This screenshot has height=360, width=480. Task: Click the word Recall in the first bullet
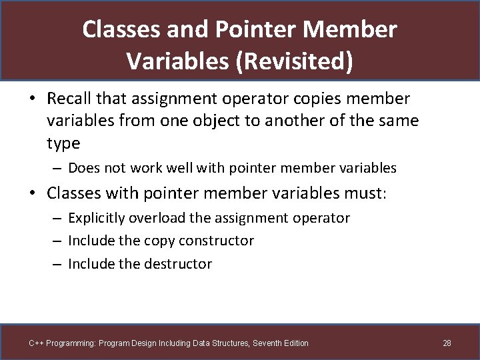tap(69, 99)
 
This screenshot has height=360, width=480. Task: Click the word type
tap(63, 143)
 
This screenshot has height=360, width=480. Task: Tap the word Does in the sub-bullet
tap(84, 168)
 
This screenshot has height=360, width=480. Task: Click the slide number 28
tap(447, 343)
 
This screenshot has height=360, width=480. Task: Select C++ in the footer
tap(36, 343)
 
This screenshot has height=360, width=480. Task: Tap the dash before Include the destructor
tap(57, 264)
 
